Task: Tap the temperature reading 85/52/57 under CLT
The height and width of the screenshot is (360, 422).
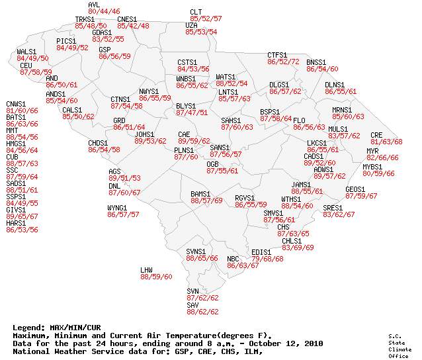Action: coord(205,19)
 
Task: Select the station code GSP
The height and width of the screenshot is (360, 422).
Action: coord(105,50)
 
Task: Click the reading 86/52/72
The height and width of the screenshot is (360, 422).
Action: coord(283,62)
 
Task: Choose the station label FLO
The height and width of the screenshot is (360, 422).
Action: coord(300,120)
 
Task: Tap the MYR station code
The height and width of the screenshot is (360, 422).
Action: coord(372,151)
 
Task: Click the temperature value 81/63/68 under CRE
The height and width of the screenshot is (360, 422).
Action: coord(386,142)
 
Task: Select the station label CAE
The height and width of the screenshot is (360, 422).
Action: coord(184,134)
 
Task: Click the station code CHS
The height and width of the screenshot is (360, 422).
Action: coord(283,227)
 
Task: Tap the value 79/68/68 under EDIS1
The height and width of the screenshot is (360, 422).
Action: coord(267,259)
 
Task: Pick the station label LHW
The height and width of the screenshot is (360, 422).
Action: coord(147,270)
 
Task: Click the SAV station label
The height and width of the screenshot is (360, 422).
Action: coord(192,305)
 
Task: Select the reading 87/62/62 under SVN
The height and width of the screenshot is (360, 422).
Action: coord(202,298)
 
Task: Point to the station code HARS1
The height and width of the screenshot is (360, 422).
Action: coord(16,223)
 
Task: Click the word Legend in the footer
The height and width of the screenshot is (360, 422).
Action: coord(28,328)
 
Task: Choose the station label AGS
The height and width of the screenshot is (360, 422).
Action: coord(115,171)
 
